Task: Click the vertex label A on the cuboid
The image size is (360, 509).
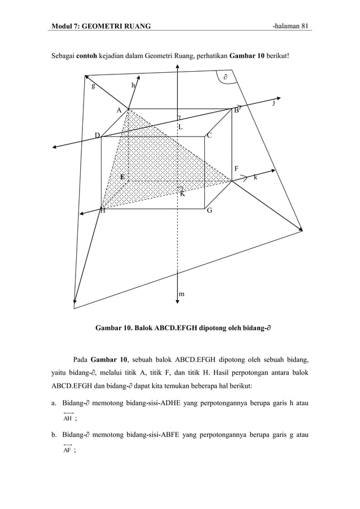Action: tap(119, 110)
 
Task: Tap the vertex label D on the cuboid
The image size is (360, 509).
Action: tap(97, 135)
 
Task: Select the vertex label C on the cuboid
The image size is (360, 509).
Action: tap(209, 135)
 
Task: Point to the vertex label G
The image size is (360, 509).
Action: tap(209, 210)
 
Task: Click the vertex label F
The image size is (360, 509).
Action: tap(236, 169)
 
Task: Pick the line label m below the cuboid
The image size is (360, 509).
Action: tap(181, 294)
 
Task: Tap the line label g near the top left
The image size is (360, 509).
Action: tap(93, 86)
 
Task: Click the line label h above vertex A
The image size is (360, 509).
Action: tap(133, 85)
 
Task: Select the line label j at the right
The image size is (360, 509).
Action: tap(274, 103)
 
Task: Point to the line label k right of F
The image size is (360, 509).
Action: tap(256, 177)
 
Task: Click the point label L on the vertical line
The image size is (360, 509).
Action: tap(180, 128)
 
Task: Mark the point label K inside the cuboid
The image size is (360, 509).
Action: tap(182, 194)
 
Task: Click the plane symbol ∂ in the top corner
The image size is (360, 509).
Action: tap(224, 76)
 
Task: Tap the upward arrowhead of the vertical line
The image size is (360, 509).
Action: tap(178, 65)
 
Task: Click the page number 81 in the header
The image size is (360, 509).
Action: tap(305, 26)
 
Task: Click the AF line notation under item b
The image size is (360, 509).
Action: tap(67, 450)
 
